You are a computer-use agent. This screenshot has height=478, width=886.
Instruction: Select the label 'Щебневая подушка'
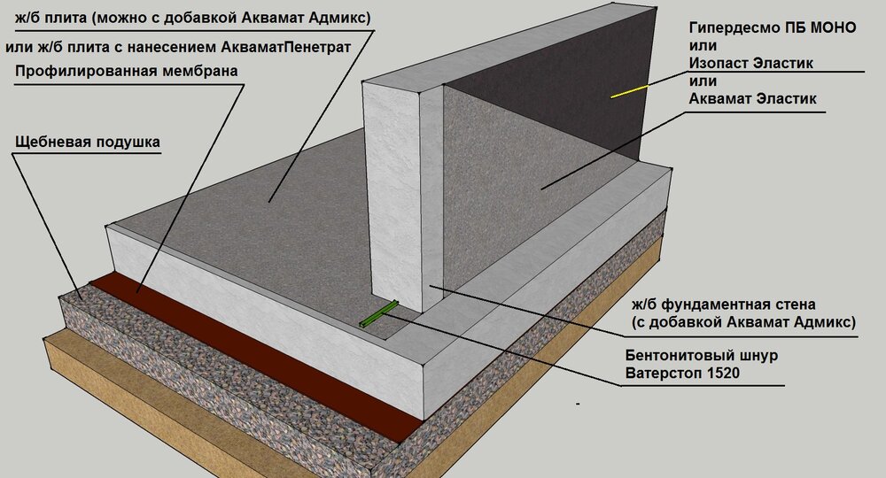[x=88, y=142]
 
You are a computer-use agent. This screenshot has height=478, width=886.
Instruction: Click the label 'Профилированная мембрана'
[x=127, y=71]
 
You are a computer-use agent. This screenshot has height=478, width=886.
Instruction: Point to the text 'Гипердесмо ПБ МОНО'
[x=773, y=27]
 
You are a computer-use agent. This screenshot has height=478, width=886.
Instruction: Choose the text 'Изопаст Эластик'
[x=751, y=63]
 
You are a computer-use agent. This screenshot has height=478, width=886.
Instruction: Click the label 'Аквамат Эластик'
[x=752, y=99]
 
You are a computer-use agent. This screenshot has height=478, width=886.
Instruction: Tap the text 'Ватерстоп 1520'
[x=682, y=373]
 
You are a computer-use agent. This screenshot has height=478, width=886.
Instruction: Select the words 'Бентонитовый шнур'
[x=701, y=356]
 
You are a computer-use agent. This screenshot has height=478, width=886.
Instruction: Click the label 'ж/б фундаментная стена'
[x=724, y=305]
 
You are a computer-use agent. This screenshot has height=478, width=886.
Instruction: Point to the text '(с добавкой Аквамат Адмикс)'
[x=743, y=323]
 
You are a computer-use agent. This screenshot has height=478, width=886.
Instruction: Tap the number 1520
[x=723, y=373]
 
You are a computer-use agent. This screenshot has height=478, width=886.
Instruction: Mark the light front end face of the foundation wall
[x=393, y=195]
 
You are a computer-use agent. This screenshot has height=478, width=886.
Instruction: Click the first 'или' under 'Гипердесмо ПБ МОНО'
[x=703, y=45]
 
